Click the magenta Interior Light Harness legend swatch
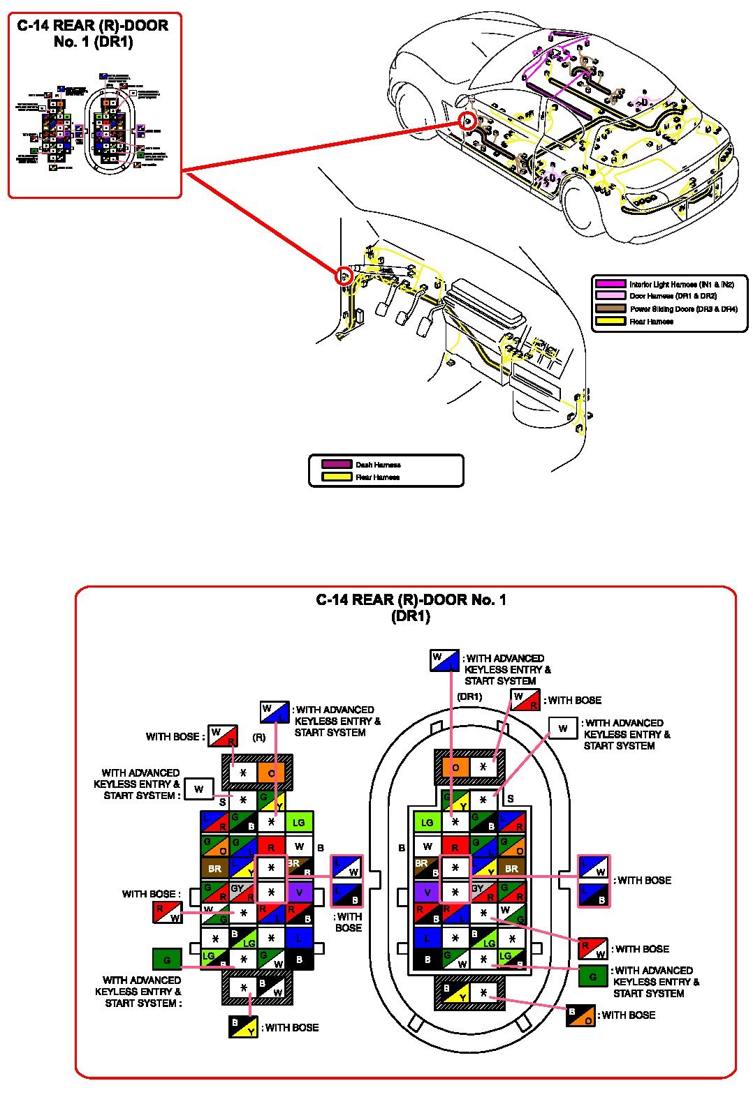click(610, 284)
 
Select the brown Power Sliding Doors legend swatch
click(610, 308)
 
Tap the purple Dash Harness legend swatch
click(336, 464)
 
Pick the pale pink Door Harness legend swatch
click(610, 296)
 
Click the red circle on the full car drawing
click(469, 121)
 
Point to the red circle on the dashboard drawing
click(344, 275)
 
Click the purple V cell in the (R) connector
click(300, 892)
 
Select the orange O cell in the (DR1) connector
click(455, 768)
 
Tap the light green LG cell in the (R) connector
click(299, 822)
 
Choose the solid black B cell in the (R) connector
click(300, 959)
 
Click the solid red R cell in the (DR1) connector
click(455, 847)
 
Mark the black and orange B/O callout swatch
click(580, 1016)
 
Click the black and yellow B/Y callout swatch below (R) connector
click(243, 1027)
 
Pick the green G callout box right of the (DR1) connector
click(593, 976)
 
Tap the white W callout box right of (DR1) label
click(563, 728)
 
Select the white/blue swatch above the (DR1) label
click(444, 660)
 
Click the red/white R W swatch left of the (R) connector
click(167, 913)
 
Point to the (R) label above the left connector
click(258, 737)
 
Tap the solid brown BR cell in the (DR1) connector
click(512, 869)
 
